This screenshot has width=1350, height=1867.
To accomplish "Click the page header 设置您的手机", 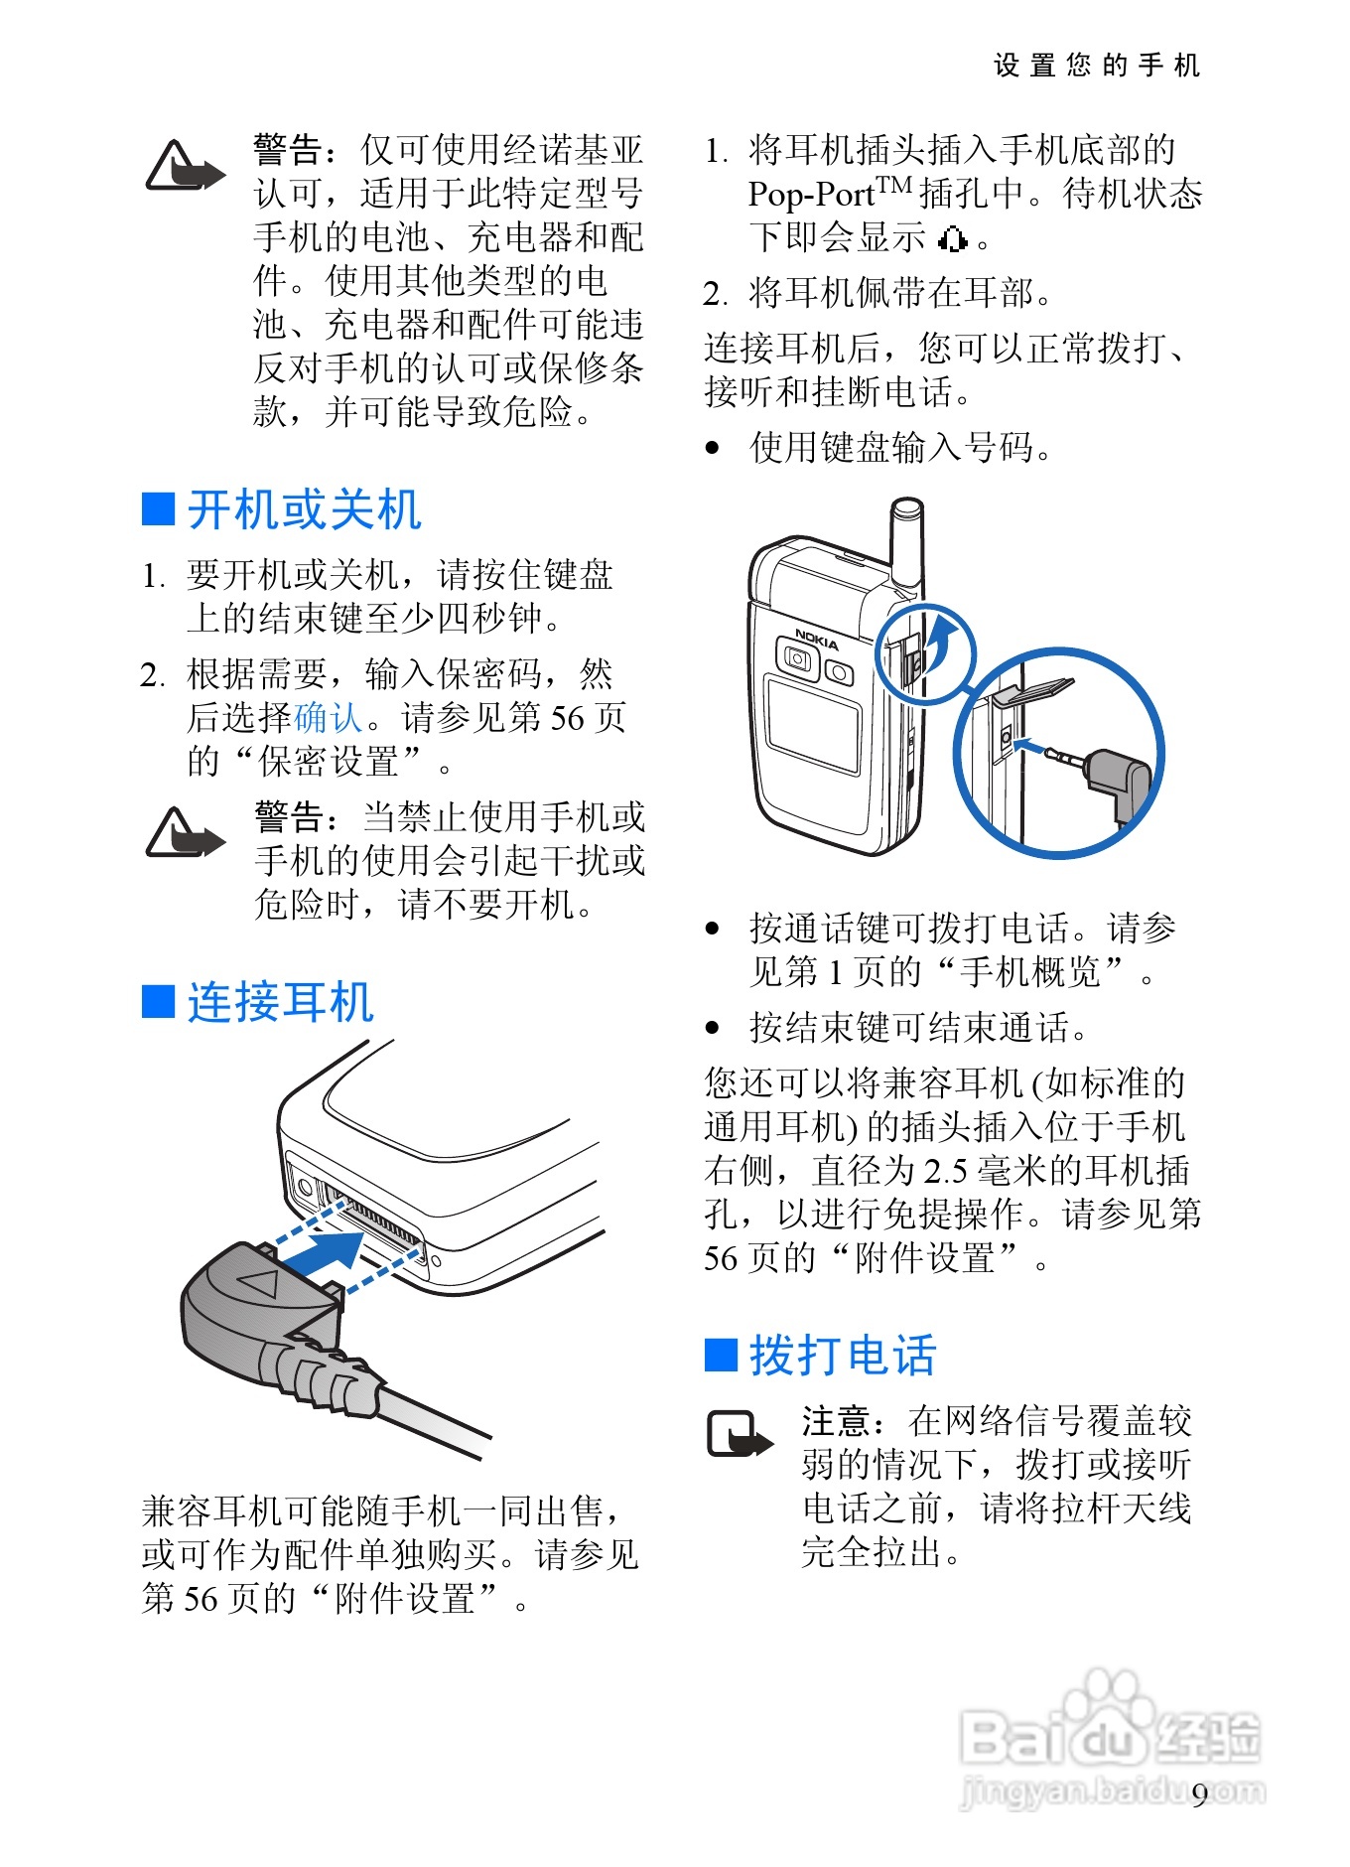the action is (1097, 66).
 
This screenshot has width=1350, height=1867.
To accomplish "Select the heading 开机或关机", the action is (305, 509).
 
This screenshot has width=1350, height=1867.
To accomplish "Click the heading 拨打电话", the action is (843, 1356).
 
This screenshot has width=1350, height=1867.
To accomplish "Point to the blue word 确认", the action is (329, 717).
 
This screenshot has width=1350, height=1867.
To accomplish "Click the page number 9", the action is (1200, 1795).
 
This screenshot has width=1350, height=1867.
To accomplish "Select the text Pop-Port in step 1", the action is (811, 195).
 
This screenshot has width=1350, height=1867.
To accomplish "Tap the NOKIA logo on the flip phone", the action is (817, 639).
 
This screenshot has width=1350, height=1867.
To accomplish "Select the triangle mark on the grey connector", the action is (260, 1282).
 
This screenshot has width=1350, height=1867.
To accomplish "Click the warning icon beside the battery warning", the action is (185, 166).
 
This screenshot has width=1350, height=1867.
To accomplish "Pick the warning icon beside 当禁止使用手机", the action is (185, 832).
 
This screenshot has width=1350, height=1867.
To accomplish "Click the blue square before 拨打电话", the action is (721, 1355).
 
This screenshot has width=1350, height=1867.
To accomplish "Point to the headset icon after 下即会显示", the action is (952, 239).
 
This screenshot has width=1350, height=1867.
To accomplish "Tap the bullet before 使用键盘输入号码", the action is (712, 448).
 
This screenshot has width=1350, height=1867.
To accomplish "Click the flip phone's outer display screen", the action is (813, 725).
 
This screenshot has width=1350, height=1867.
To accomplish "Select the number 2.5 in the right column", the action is (945, 1171).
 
